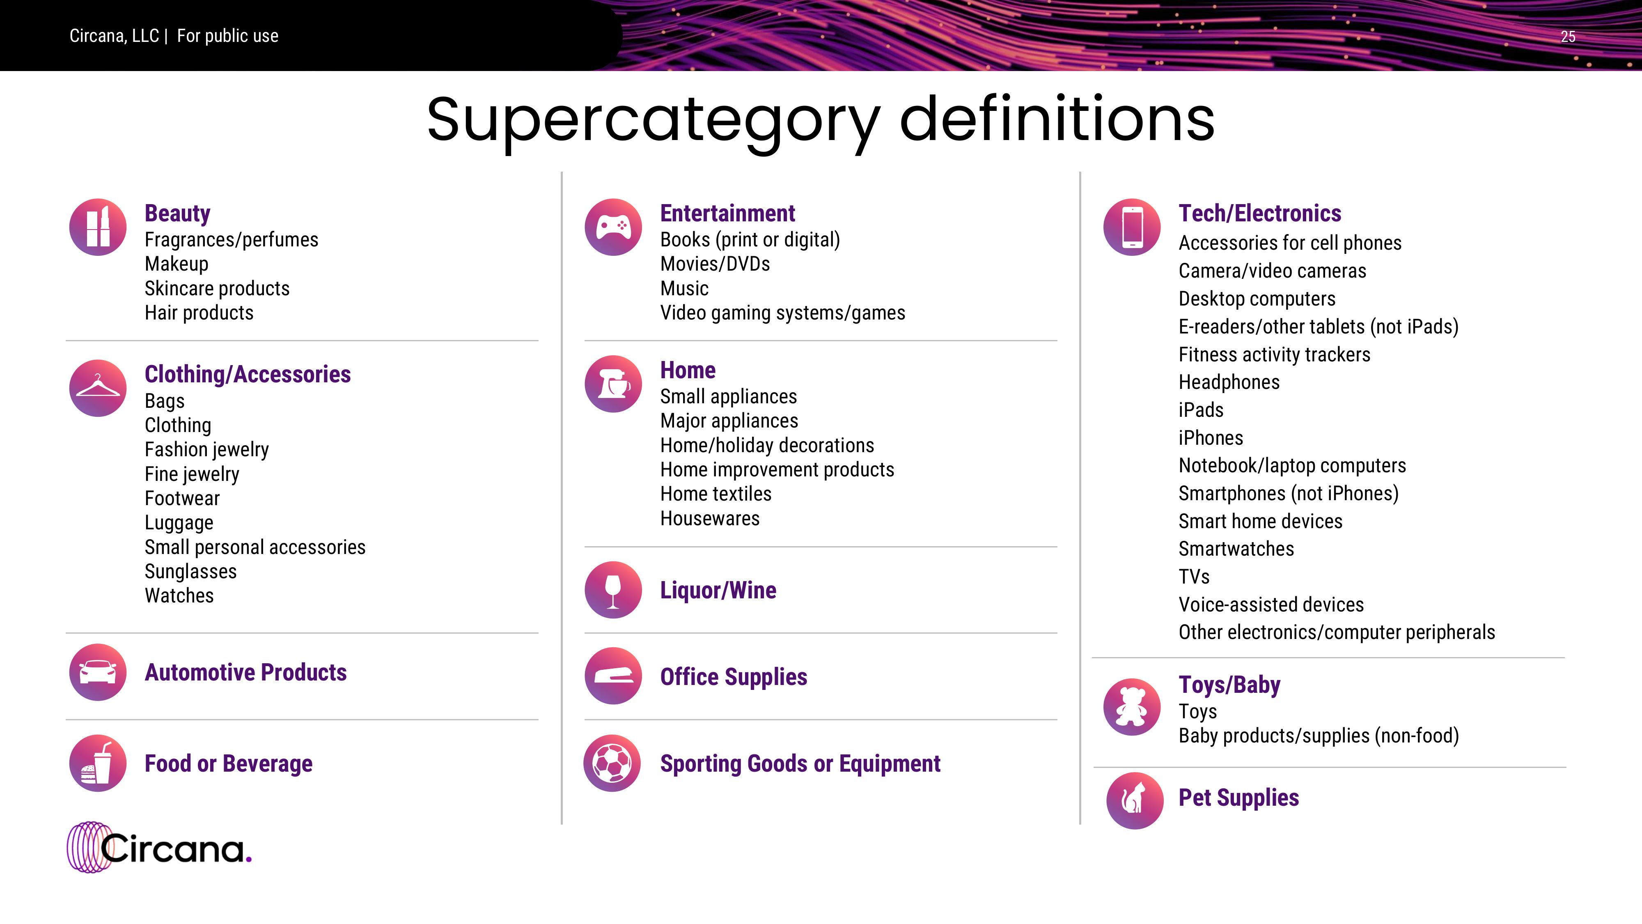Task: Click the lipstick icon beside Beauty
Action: [98, 227]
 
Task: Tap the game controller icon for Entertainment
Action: [613, 227]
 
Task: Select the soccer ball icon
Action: [612, 763]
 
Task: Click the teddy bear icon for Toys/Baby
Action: [1132, 706]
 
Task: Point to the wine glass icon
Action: [613, 590]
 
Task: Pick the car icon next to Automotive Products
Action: [98, 672]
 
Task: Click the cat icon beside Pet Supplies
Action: [1135, 800]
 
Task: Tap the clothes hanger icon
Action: [98, 388]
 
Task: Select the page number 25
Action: [1568, 37]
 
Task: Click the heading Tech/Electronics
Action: [1259, 213]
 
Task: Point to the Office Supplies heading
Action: [734, 677]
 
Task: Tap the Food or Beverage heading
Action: [228, 763]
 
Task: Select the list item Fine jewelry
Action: [192, 474]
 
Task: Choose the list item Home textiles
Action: [716, 494]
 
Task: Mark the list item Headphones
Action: [1229, 382]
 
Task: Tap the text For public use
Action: [227, 36]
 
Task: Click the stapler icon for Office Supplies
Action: [613, 676]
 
